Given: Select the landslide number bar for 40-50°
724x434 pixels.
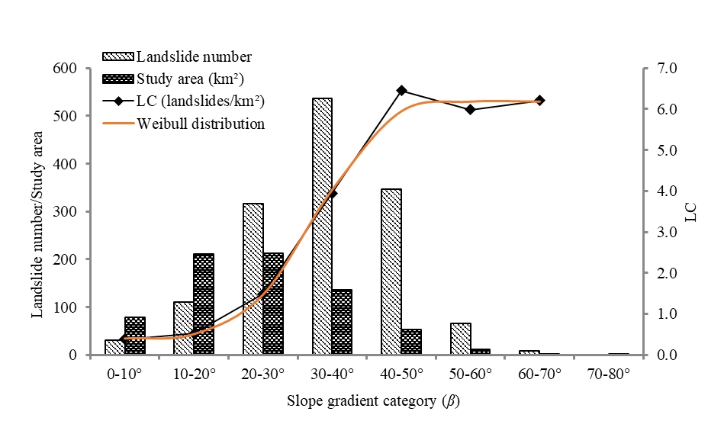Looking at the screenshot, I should (x=391, y=272).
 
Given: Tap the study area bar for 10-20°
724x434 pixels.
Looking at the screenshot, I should (x=204, y=304).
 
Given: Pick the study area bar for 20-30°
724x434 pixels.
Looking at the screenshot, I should (x=272, y=304).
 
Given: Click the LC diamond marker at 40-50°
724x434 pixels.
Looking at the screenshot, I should (x=401, y=91).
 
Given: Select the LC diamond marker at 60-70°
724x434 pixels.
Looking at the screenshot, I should (x=539, y=100).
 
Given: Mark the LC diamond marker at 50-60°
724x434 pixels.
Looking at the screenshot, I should (x=470, y=109).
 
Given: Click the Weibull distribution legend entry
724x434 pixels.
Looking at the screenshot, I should (x=200, y=124).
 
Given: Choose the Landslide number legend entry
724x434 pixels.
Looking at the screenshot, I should (x=194, y=57).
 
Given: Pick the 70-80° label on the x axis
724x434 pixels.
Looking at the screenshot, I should (x=608, y=375).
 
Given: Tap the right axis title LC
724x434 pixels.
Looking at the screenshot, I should (x=691, y=212).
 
